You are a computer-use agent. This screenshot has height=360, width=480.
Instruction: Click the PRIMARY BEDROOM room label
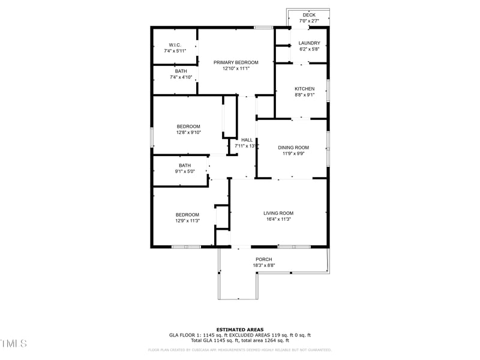coord(236,62)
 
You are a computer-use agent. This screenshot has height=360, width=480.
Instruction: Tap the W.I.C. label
coord(175,45)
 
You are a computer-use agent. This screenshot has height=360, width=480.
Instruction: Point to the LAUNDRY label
coord(309,43)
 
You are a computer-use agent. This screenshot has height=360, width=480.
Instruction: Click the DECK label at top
coord(309,15)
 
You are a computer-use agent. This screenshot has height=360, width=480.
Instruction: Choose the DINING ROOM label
coord(293,148)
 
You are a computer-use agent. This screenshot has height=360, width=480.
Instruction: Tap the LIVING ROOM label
coord(278,213)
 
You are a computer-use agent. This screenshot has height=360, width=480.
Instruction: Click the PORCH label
coord(263,259)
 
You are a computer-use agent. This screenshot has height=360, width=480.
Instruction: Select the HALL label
coord(247,140)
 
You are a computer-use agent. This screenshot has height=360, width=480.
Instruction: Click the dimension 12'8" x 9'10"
coord(188,133)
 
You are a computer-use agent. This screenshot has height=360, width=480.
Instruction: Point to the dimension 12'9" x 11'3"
coord(187,221)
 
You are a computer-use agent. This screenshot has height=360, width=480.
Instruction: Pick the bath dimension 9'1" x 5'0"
coord(184,172)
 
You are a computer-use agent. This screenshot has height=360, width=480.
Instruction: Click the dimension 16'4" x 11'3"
coord(278,220)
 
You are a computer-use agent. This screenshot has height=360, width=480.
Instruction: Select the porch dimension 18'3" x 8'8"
coord(263,265)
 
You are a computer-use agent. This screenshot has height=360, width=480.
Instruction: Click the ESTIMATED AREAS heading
coord(239,329)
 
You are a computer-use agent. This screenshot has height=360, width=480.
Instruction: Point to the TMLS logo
coord(14,343)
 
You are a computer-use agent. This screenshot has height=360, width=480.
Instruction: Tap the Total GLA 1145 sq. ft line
coord(239,340)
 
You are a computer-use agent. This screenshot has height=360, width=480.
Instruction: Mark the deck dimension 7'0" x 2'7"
coord(309,21)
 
